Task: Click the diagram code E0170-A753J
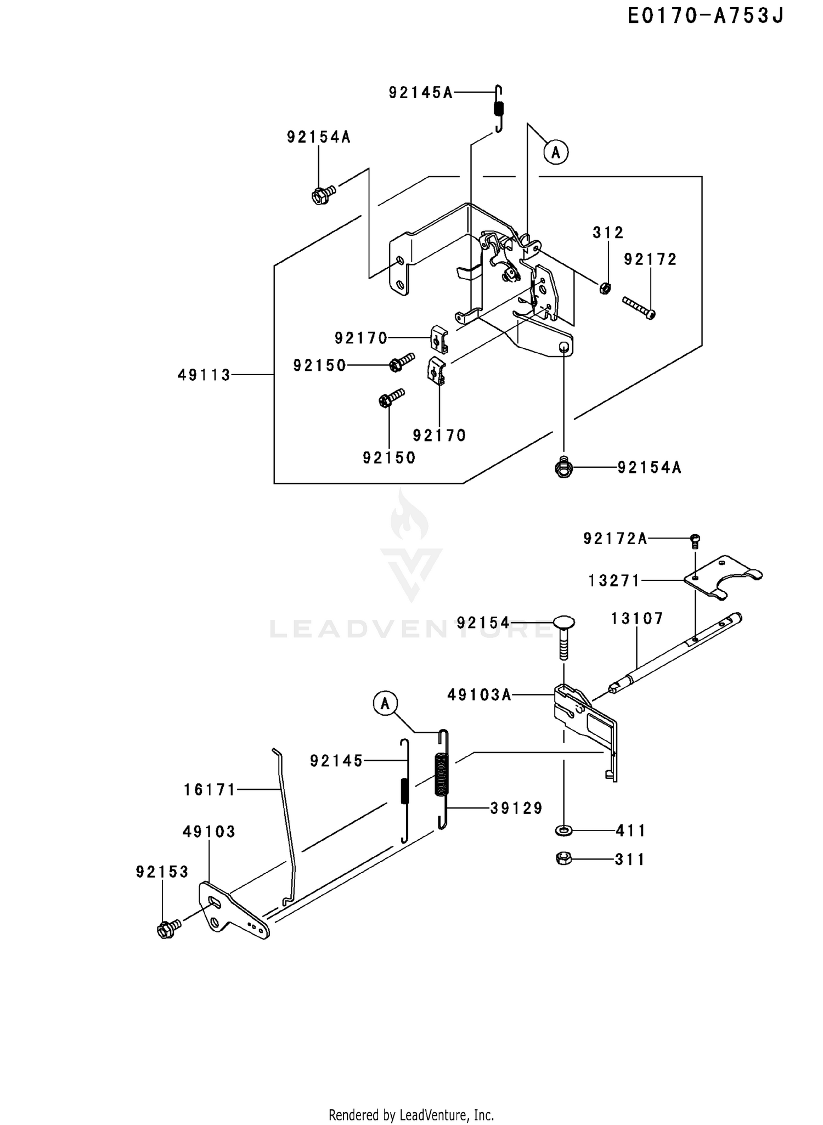click(x=706, y=16)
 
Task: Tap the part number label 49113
click(x=204, y=375)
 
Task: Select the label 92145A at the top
click(x=421, y=93)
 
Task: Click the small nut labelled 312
click(x=605, y=287)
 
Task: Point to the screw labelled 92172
click(x=639, y=308)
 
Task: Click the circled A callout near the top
click(x=556, y=152)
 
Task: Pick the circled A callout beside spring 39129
click(x=385, y=703)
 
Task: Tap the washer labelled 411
click(x=563, y=830)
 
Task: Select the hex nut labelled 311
click(x=563, y=858)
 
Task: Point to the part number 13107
click(x=638, y=619)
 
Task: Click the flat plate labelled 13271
click(x=723, y=578)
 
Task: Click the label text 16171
click(x=210, y=790)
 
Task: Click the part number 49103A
click(x=480, y=695)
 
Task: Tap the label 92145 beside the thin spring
click(x=336, y=761)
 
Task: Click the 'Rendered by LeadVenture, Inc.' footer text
click(x=411, y=1115)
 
